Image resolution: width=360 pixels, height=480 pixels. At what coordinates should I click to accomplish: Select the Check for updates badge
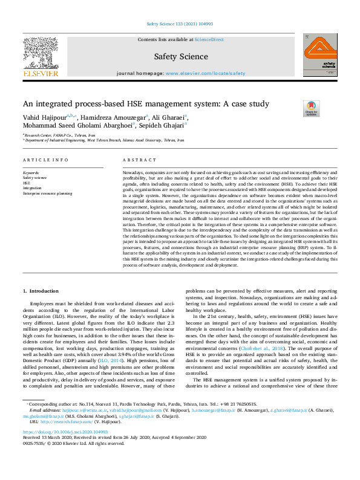[x=312, y=108]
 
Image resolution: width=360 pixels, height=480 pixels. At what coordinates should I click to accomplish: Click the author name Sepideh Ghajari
[x=162, y=126]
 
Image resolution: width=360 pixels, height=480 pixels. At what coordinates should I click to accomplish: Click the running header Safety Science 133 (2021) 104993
[x=180, y=24]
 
